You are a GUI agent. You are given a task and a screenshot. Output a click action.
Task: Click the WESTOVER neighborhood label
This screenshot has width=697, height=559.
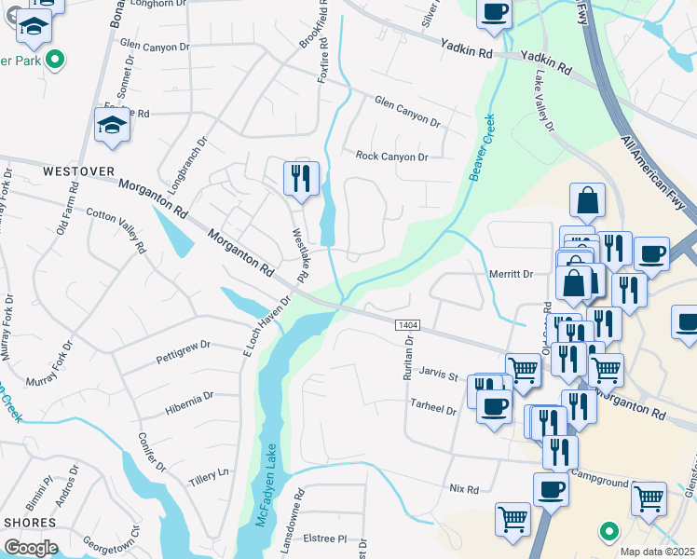tap(78, 172)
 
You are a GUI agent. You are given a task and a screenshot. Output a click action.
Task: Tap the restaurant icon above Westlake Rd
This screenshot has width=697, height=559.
tap(300, 178)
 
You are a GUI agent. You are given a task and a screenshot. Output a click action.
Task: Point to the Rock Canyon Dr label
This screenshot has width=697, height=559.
tap(391, 157)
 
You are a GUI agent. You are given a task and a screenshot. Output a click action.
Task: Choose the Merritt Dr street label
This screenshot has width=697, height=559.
tap(511, 274)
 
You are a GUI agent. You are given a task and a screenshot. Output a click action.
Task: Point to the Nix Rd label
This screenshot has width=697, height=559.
tap(463, 489)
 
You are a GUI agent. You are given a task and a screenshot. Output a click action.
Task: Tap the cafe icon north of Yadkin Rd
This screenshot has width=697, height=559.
tap(494, 13)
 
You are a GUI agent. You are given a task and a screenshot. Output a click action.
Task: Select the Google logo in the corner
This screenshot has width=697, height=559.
tap(31, 547)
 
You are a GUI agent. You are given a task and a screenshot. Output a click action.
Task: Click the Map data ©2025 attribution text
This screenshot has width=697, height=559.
tap(657, 552)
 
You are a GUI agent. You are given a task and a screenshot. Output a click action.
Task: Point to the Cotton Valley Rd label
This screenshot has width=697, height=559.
tap(116, 229)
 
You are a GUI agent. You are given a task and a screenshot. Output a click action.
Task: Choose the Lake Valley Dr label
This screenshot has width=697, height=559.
tap(544, 100)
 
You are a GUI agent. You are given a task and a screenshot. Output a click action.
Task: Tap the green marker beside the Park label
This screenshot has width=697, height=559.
tap(55, 61)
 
